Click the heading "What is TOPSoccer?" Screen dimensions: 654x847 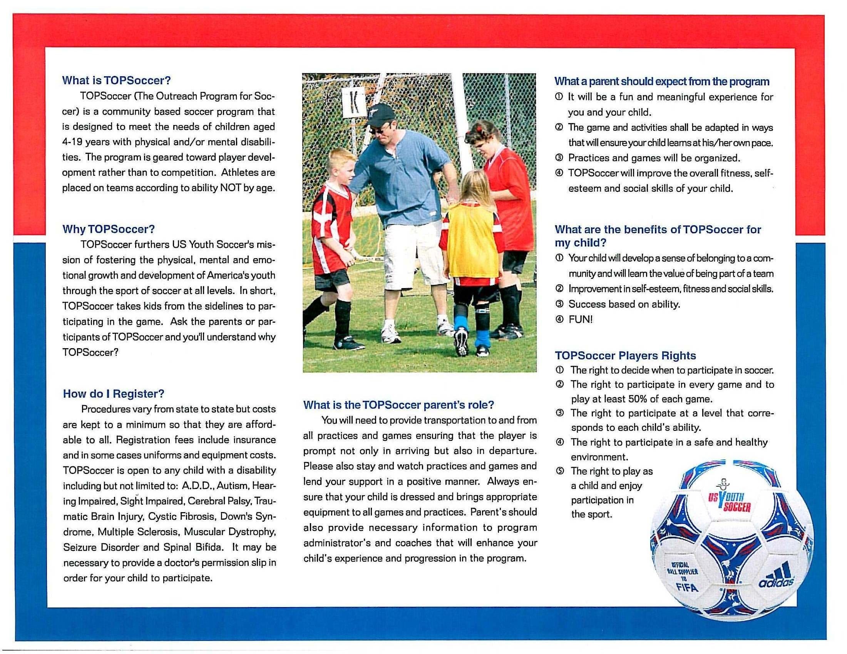pyautogui.click(x=116, y=80)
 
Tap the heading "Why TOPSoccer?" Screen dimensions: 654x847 pyautogui.click(x=109, y=229)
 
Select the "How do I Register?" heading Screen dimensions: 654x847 pyautogui.click(x=114, y=394)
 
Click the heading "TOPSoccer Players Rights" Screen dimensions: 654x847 pyautogui.click(x=625, y=356)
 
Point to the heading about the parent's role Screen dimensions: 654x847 pyautogui.click(x=398, y=405)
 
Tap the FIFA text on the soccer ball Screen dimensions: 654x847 pyautogui.click(x=687, y=587)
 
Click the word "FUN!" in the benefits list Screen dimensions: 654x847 pyautogui.click(x=580, y=320)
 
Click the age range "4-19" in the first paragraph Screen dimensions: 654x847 pyautogui.click(x=72, y=142)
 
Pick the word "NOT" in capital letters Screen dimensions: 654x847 pyautogui.click(x=230, y=188)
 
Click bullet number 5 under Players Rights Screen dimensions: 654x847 pyautogui.click(x=560, y=472)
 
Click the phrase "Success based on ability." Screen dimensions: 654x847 pyautogui.click(x=624, y=305)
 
